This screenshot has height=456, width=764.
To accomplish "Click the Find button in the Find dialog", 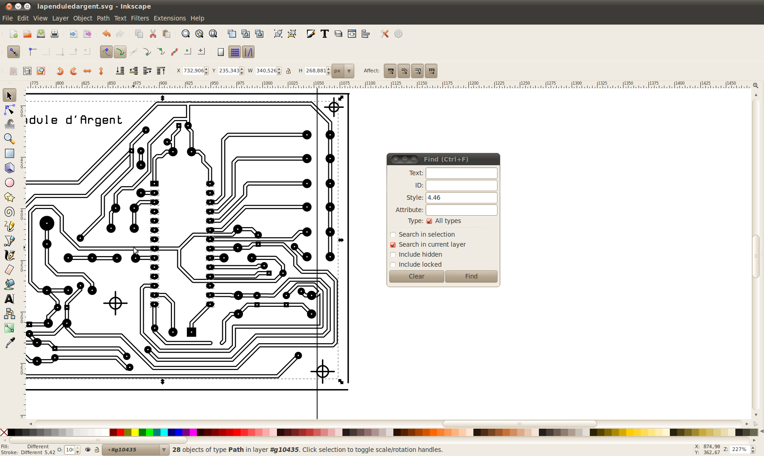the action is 471,276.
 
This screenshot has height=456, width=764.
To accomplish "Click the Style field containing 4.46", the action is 461,198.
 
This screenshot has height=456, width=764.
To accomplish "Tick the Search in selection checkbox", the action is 393,235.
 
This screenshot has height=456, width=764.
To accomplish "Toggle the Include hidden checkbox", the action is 393,255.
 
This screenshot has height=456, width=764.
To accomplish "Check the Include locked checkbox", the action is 393,265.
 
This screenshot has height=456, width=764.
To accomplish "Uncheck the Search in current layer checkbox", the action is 393,245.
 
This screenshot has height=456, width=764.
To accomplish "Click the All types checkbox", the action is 429,221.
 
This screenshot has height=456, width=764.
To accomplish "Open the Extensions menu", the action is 170,18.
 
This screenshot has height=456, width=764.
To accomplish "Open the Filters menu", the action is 140,18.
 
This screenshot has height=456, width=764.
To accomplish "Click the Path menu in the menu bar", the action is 103,18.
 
